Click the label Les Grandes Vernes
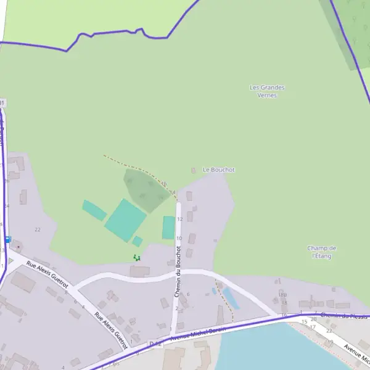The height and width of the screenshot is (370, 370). [x=267, y=91]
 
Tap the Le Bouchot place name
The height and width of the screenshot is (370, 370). [x=218, y=170]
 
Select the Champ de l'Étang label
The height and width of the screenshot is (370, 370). [x=321, y=252]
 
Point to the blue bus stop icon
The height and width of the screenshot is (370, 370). [x=8, y=239]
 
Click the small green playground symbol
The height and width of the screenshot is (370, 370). [x=137, y=257]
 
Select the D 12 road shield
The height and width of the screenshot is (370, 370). [x=155, y=343]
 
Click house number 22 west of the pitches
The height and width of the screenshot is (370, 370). [x=38, y=229]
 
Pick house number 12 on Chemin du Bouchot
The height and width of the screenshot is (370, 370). [x=179, y=219]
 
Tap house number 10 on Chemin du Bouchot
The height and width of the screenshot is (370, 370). [x=179, y=238]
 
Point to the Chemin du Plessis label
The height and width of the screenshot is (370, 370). [x=344, y=316]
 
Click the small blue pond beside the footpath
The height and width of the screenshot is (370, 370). [x=230, y=298]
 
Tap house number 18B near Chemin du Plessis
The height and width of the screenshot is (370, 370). [x=283, y=295]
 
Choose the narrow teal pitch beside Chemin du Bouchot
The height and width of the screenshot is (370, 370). [x=168, y=228]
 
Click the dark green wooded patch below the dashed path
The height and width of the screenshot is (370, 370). [x=146, y=188]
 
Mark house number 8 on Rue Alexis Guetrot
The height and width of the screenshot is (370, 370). [x=66, y=292]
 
